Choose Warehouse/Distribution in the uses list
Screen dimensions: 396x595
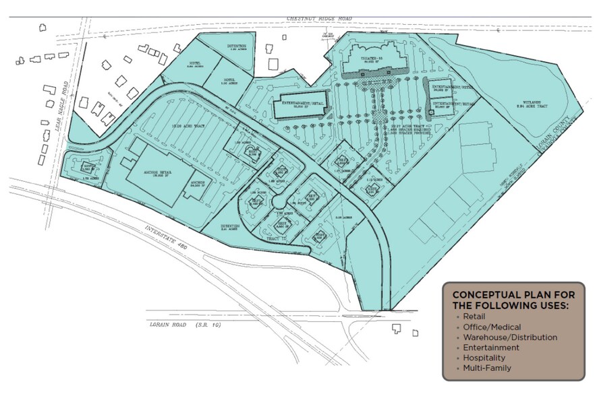[x=509, y=337]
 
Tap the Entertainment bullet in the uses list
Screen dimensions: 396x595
[x=490, y=348]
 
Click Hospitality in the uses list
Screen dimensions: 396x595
[x=485, y=358]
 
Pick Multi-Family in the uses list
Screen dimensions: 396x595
[x=487, y=368]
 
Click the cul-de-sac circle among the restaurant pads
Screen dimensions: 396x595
[x=278, y=203]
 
